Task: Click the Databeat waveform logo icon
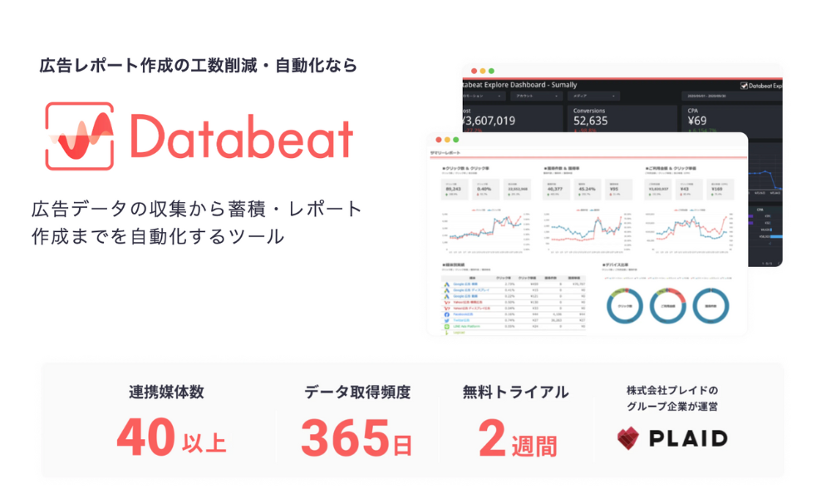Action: pyautogui.click(x=80, y=136)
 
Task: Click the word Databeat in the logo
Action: pyautogui.click(x=242, y=138)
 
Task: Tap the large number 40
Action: pyautogui.click(x=146, y=437)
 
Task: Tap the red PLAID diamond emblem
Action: pyautogui.click(x=633, y=438)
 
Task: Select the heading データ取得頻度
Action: pyautogui.click(x=357, y=392)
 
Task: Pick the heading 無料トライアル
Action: pyautogui.click(x=517, y=392)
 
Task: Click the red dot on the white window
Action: pyautogui.click(x=435, y=139)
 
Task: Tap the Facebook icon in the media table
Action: pyautogui.click(x=447, y=314)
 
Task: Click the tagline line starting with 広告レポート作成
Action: pyautogui.click(x=199, y=65)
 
